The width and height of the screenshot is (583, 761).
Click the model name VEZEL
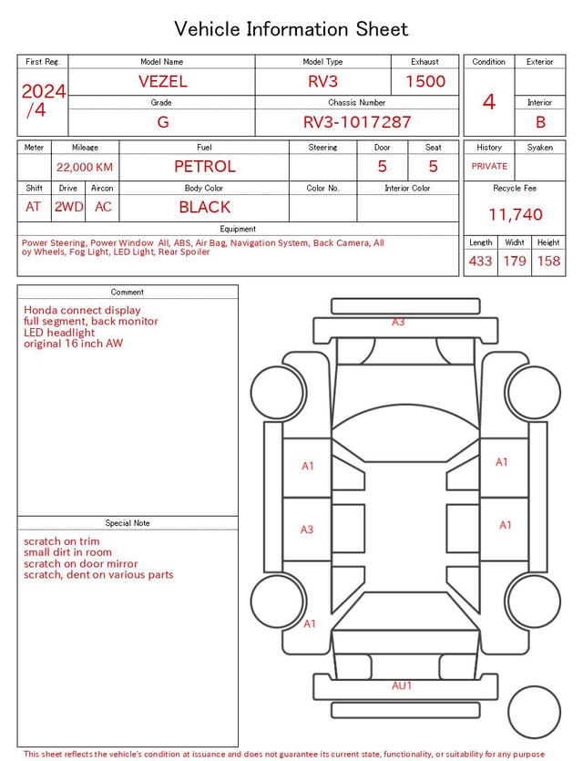click(162, 81)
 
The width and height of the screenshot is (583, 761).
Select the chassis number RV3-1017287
click(357, 122)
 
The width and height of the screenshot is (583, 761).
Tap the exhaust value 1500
click(425, 81)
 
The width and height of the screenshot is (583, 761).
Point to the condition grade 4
click(489, 102)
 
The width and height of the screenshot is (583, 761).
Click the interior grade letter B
click(540, 122)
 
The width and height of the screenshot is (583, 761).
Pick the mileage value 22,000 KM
click(85, 168)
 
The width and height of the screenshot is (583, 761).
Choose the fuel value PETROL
click(205, 167)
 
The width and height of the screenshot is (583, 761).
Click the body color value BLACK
click(205, 207)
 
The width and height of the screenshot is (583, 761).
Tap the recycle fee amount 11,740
click(515, 214)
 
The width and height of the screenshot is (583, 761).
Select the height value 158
click(548, 261)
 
